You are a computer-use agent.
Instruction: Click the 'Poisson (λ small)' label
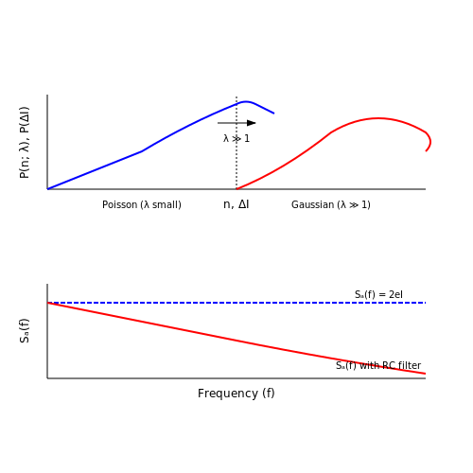tap(142, 204)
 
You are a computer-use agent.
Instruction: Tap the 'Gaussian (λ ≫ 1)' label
tap(331, 204)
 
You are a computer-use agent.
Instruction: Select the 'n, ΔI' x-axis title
tap(236, 204)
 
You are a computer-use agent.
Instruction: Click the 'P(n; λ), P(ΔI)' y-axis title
tap(25, 143)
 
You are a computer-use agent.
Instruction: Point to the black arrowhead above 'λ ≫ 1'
tap(252, 123)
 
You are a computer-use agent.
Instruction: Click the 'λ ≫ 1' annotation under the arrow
tap(236, 138)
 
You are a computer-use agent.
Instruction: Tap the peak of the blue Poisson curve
tap(246, 101)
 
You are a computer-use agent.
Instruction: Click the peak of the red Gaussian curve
tap(378, 118)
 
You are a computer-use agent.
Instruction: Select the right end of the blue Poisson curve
tap(274, 114)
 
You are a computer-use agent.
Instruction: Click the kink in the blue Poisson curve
tap(142, 151)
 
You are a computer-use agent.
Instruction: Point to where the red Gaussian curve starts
tap(236, 189)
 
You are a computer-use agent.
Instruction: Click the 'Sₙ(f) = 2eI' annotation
tap(378, 294)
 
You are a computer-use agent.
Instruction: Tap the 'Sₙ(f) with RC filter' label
tap(378, 365)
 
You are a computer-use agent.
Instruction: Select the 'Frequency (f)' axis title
tap(236, 394)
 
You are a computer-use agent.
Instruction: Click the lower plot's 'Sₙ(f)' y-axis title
tap(25, 330)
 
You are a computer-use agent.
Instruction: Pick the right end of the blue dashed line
tap(426, 303)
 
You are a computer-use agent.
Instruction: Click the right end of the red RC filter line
tap(426, 374)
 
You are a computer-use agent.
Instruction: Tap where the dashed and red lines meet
tap(47, 303)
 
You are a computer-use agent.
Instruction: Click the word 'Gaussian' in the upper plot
tap(312, 204)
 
